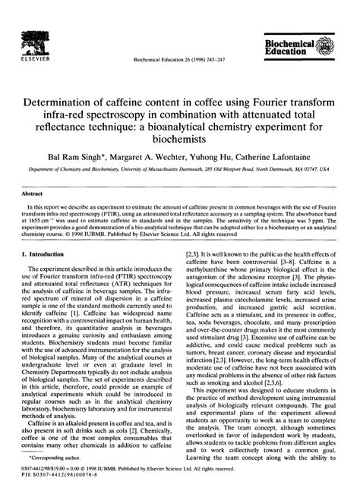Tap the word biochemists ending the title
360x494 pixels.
(179, 142)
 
